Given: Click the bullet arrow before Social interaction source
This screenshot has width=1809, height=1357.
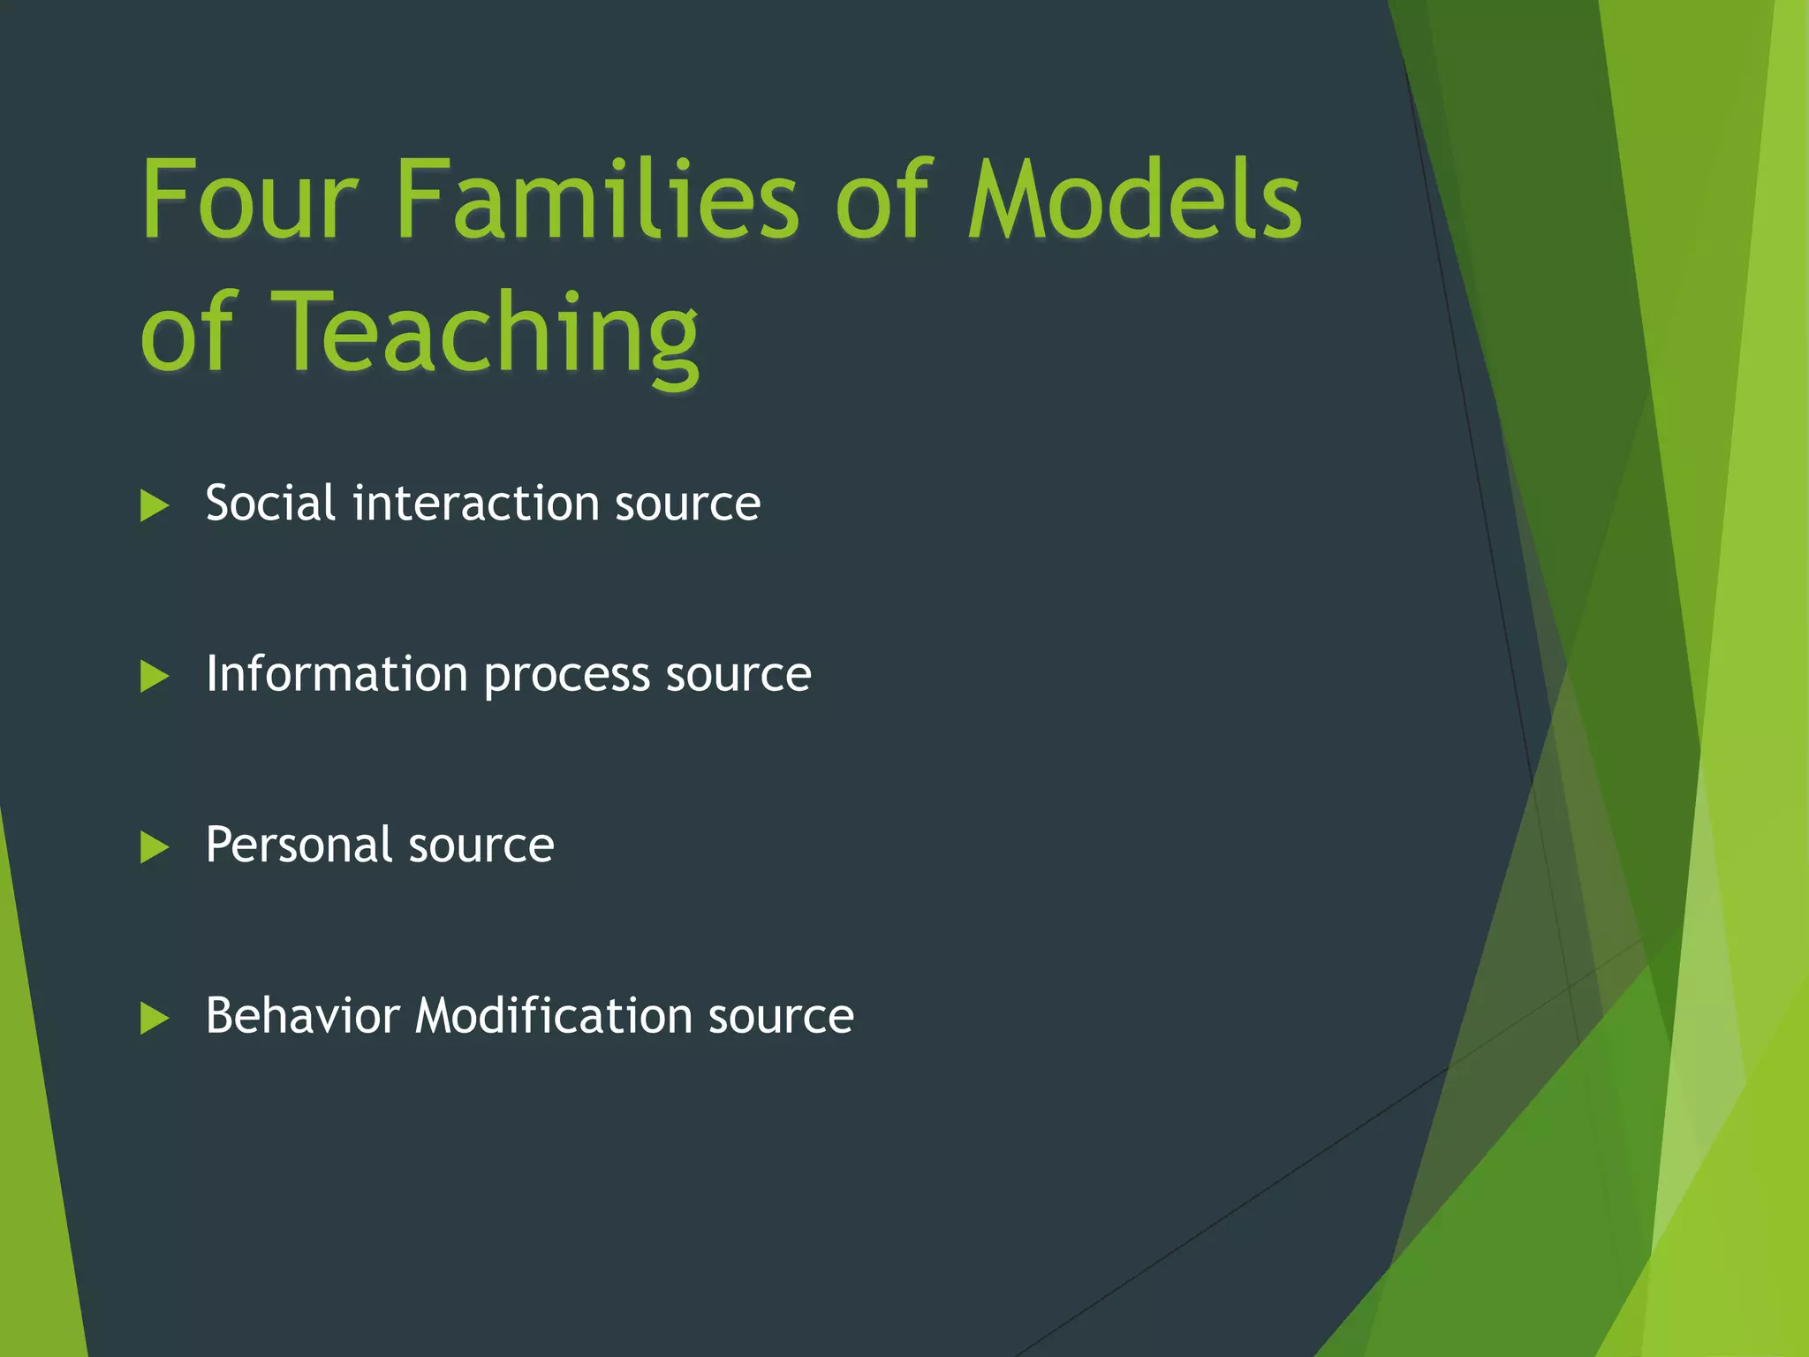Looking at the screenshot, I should pos(154,506).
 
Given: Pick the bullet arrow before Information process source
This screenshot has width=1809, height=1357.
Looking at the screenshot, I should pos(154,677).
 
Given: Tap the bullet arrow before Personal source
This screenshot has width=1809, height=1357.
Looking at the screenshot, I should pos(154,847).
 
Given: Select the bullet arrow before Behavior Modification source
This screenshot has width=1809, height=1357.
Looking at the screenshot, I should pos(154,1018).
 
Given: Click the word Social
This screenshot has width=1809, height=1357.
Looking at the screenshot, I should pos(270,504).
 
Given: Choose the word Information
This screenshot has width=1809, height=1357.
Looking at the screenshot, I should pos(337,674).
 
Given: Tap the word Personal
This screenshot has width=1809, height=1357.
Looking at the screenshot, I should pos(299,845).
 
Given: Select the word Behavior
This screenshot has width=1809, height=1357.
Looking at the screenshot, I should pos(302,1015).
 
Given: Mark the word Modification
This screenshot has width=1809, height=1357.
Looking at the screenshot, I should pos(553,1015).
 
